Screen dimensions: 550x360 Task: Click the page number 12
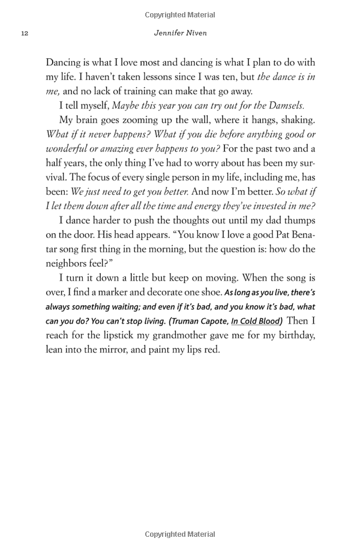click(24, 33)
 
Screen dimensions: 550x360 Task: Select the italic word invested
click(266, 207)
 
